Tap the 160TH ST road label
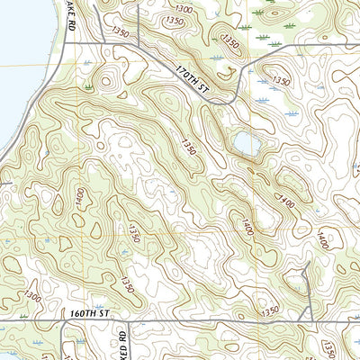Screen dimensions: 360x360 88,313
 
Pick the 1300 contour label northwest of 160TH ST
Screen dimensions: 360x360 33,296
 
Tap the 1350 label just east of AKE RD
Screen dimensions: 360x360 120,33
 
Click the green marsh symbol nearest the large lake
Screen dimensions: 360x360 89,86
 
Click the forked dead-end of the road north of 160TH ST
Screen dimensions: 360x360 308,266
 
